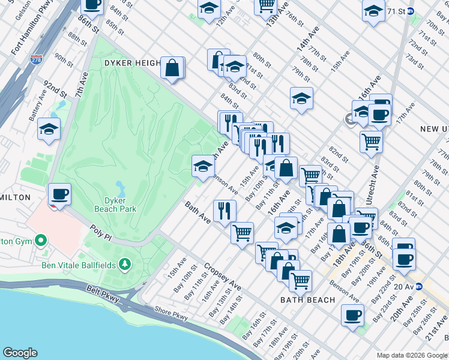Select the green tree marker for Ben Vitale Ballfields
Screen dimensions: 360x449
pyautogui.click(x=124, y=263)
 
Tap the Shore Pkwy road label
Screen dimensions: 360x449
pyautogui.click(x=170, y=313)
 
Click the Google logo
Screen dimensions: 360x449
pyautogui.click(x=20, y=353)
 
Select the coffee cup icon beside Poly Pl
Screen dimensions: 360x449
pyautogui.click(x=60, y=195)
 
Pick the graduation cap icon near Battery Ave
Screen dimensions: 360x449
pyautogui.click(x=49, y=129)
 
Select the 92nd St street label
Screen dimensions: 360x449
pyautogui.click(x=55, y=90)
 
